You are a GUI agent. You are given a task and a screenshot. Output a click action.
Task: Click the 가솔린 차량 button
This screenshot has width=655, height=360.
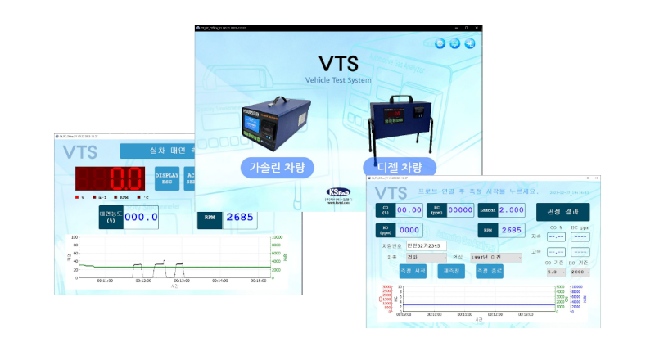276,168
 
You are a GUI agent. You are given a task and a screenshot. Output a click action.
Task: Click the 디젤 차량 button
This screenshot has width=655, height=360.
399,168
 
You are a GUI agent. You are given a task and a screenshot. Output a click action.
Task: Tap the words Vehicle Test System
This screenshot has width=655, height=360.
338,80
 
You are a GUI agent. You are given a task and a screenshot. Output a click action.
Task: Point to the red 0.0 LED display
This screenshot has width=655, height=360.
111,179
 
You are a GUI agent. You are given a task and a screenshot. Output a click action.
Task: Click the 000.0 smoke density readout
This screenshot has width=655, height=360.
140,218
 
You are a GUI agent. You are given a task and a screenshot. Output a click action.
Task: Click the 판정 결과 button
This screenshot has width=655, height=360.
562,211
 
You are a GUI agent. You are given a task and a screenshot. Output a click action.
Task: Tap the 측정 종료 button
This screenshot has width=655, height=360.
494,271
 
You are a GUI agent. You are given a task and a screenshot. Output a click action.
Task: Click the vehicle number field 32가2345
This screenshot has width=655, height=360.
427,244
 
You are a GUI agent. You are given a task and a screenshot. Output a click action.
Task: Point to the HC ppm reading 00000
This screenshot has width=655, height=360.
460,210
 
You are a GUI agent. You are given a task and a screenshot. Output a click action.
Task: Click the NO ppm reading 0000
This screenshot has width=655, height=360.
409,231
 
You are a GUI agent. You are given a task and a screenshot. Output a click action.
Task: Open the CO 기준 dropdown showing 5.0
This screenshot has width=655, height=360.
557,271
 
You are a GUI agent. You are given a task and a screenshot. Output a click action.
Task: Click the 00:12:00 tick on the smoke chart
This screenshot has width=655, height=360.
143,280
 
